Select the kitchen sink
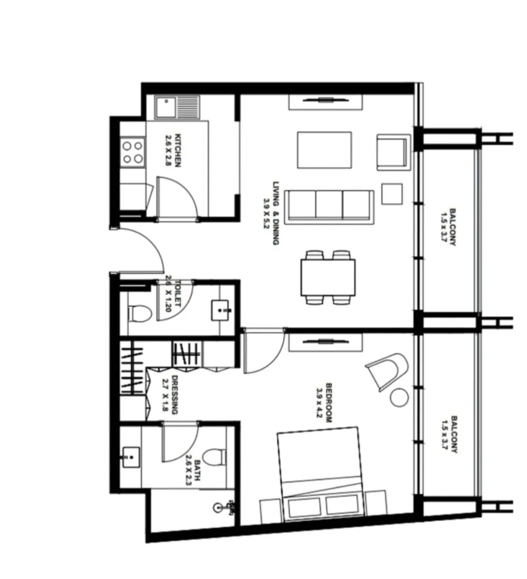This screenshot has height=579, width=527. click(x=177, y=108)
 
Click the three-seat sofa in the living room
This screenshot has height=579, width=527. click(x=329, y=207)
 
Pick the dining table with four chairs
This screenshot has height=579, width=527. click(x=328, y=277)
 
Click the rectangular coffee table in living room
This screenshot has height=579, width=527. click(x=324, y=150)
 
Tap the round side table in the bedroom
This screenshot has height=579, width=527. click(x=398, y=397)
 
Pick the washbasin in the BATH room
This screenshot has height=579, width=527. click(x=130, y=457)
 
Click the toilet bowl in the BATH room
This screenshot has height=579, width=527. click(x=214, y=457)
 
